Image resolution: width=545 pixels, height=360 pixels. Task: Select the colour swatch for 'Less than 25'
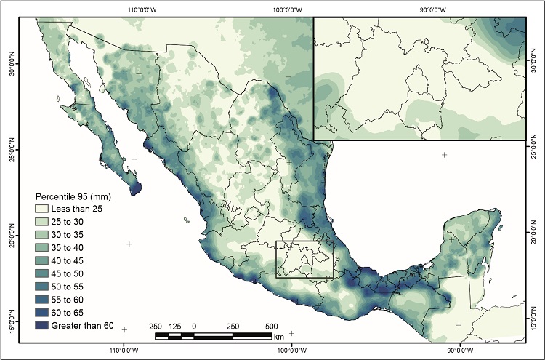click(46, 209)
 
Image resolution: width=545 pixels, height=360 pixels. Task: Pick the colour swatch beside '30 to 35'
click(46, 235)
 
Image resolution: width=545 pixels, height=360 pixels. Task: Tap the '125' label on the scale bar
click(174, 325)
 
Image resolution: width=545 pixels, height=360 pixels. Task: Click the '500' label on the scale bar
click(271, 325)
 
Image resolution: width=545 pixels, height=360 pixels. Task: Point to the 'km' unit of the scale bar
click(279, 337)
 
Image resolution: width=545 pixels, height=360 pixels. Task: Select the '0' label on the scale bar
click(194, 325)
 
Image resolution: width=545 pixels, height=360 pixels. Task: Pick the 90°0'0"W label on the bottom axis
click(459, 350)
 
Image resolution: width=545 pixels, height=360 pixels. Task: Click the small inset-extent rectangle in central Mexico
click(304, 259)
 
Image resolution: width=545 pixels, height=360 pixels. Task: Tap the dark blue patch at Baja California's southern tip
click(136, 188)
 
